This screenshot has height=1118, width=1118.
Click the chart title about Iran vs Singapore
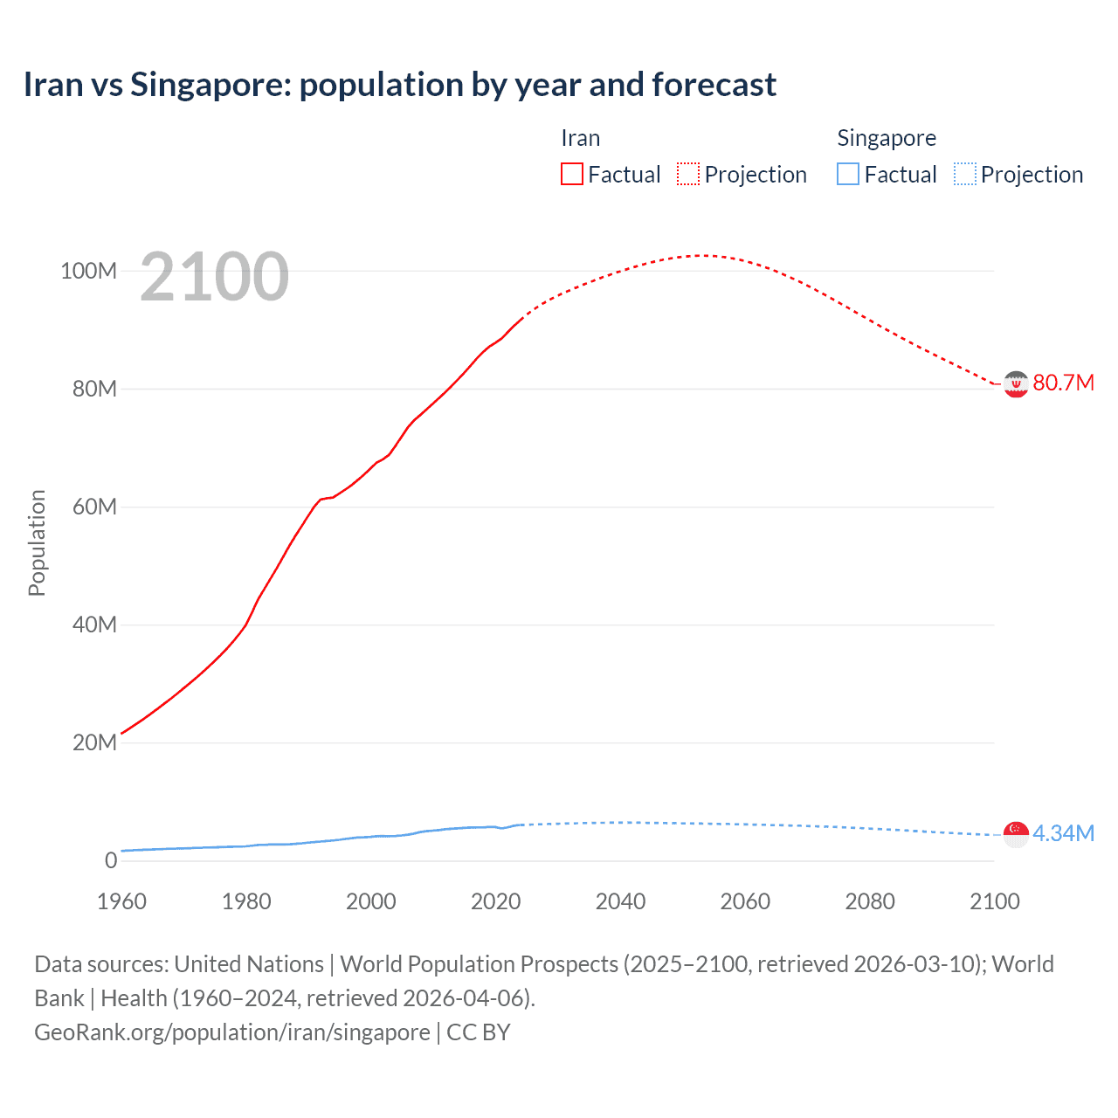pos(399,85)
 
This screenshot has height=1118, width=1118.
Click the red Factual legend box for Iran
pos(571,174)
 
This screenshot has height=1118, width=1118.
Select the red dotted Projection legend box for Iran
pos(688,174)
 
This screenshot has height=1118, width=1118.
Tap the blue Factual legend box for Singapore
pos(847,174)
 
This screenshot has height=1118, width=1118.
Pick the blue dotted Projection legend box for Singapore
pos(964,174)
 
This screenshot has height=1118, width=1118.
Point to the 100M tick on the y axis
pos(88,271)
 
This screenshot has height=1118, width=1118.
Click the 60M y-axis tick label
pos(94,507)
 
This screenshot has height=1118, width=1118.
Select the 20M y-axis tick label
pos(94,742)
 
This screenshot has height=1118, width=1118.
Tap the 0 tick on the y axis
pos(110,860)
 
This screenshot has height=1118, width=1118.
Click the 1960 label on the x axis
pos(121,901)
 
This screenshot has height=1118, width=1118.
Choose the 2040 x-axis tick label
pos(620,901)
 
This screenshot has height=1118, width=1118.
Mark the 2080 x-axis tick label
pos(870,901)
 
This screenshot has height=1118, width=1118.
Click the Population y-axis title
pos(37,542)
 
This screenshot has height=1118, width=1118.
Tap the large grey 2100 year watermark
pos(214,277)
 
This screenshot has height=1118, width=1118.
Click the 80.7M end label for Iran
pos(1063,383)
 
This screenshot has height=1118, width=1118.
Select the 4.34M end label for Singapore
pos(1063,833)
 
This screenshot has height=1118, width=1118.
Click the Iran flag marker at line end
pos(1016,383)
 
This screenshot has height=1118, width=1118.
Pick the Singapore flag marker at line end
pos(1016,834)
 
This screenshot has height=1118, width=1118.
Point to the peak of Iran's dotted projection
pos(701,255)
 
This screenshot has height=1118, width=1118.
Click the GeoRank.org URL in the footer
pos(231,1032)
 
